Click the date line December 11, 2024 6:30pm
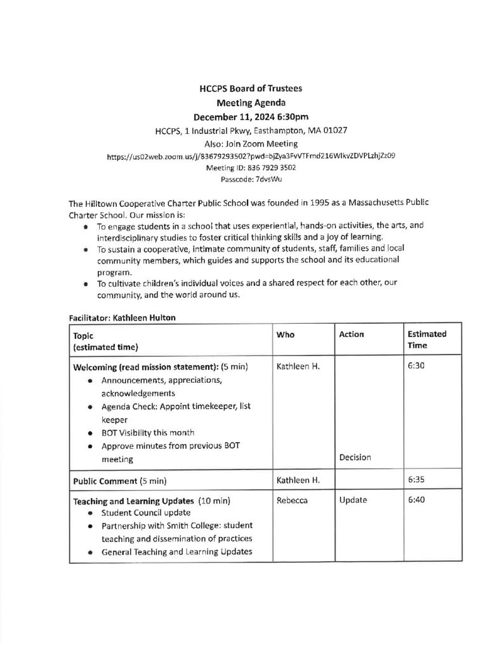point(251,117)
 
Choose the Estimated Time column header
point(426,340)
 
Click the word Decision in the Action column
point(355,457)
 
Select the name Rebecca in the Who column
point(292,500)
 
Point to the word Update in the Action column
point(353,500)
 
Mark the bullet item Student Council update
point(145,512)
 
